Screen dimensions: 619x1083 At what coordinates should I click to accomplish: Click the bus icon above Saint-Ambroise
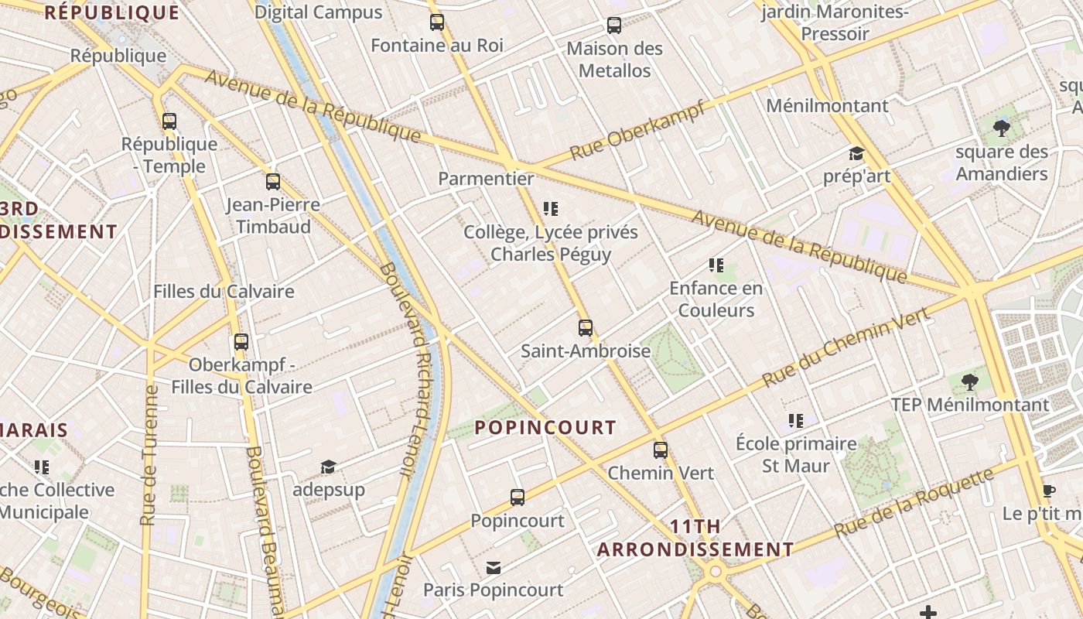tap(586, 327)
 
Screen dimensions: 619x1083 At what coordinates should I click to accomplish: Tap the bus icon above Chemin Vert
tap(660, 450)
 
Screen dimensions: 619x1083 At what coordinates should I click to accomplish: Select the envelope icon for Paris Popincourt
tap(494, 568)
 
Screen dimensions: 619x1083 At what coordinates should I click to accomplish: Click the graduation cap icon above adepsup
tap(328, 467)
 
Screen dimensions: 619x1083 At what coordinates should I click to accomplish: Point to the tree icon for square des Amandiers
tap(1002, 128)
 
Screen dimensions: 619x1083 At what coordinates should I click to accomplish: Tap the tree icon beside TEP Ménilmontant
tap(969, 381)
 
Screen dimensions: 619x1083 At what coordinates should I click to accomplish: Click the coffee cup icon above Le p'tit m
tap(1048, 491)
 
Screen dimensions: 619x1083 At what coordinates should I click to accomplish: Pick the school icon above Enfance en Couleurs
tap(716, 265)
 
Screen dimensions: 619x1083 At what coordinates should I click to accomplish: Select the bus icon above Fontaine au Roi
tap(437, 22)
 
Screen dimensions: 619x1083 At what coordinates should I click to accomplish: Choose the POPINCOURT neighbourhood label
tap(545, 427)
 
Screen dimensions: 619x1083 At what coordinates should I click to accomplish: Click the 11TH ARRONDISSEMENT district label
tap(695, 538)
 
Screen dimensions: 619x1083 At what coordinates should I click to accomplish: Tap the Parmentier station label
tap(486, 179)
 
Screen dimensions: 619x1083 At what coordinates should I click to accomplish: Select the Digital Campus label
tap(318, 12)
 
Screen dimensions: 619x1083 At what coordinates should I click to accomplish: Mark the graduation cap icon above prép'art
tap(856, 153)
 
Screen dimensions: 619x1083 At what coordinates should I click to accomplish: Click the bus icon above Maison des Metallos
tap(614, 26)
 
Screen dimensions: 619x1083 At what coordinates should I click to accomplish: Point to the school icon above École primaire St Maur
tap(796, 421)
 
